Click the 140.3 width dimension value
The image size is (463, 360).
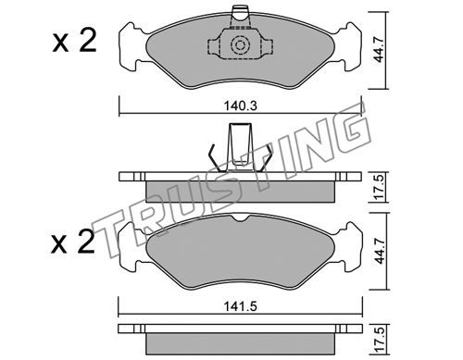[x=241, y=106]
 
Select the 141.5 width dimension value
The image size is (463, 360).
[x=241, y=306]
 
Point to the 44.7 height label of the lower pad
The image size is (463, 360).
[x=379, y=251]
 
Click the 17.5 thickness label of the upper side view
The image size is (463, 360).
[x=379, y=187]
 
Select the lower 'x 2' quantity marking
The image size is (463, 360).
[x=73, y=242]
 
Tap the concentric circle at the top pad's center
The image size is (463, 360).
[x=240, y=45]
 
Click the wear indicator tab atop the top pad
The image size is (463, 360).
[x=240, y=19]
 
